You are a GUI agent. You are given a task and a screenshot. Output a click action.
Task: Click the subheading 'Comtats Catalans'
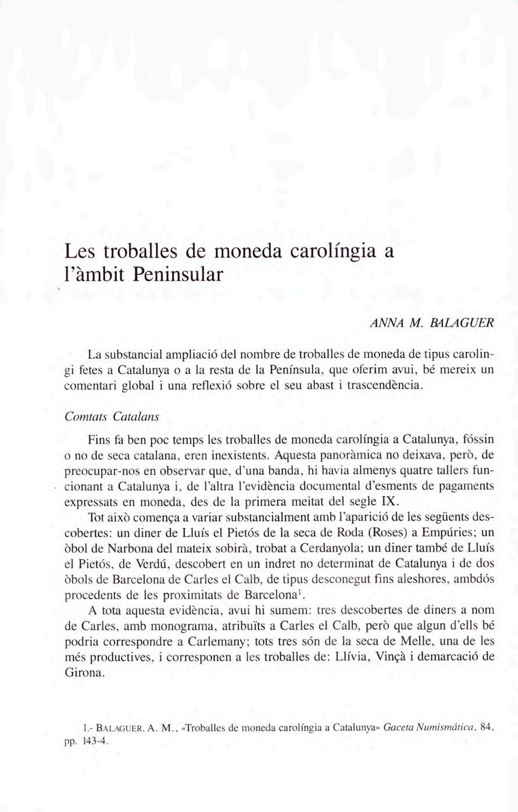(112, 417)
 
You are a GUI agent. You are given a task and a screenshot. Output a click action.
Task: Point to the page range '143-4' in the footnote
(96, 741)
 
